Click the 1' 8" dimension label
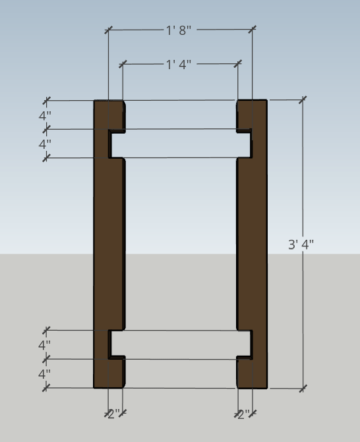point(179,30)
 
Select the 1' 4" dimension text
point(179,65)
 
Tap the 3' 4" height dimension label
point(301,244)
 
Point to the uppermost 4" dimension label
point(45,115)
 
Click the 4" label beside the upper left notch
point(45,144)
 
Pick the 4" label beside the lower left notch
point(45,345)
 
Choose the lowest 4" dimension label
point(45,373)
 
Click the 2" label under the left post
point(114,414)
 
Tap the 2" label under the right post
point(244,414)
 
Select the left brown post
point(102,244)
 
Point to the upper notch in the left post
point(117,144)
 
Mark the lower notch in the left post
point(117,343)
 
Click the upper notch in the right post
point(244,144)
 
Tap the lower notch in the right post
point(244,343)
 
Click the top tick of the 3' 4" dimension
point(303,99)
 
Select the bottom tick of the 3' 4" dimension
point(303,389)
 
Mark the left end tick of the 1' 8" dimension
point(109,30)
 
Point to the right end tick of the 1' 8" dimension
point(252,30)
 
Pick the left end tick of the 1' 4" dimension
point(123,65)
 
